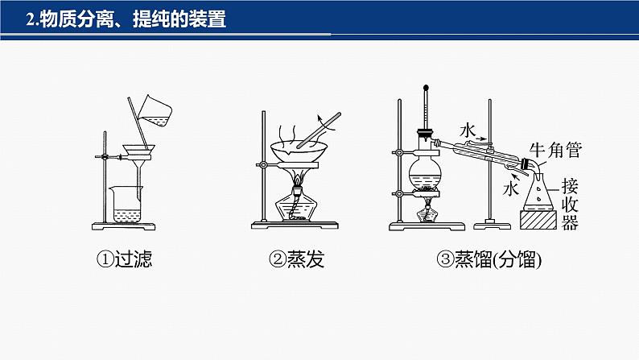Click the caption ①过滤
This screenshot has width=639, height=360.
tap(124, 259)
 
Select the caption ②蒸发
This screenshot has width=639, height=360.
tap(297, 259)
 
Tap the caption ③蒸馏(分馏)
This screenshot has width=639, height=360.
tap(489, 259)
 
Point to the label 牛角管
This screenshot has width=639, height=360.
tap(555, 150)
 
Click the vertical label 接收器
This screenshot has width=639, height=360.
tap(570, 205)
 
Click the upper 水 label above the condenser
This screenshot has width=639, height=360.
tap(468, 130)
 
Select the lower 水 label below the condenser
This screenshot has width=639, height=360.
tap(510, 188)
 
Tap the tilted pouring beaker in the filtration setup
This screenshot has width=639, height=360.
tap(155, 111)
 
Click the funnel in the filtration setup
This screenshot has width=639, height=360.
tap(139, 163)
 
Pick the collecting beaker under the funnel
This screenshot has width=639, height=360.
tap(126, 205)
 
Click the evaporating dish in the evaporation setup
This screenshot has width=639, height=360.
tap(299, 151)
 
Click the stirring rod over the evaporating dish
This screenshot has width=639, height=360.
tap(319, 130)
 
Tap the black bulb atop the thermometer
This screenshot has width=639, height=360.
tap(426, 87)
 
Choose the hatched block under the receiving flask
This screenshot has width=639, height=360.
tap(538, 220)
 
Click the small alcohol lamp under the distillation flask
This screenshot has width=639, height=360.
tap(427, 211)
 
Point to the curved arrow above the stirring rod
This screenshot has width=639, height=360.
tap(325, 122)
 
